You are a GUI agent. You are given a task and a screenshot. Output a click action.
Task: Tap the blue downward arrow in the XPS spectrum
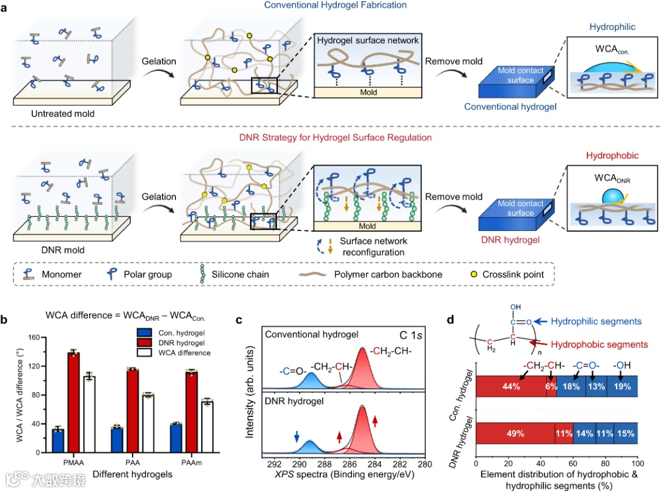297,436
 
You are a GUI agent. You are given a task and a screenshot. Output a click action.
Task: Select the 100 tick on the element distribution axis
637,464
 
